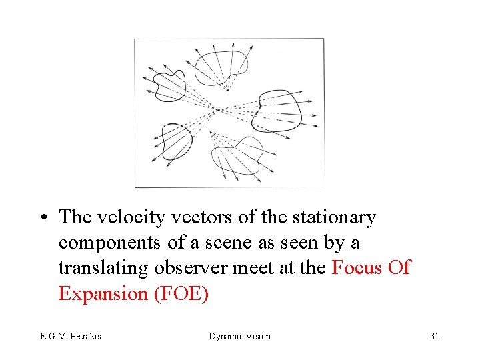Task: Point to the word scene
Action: point(242,243)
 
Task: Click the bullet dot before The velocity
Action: point(43,218)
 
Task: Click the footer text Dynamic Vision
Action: point(240,336)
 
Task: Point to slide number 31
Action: point(434,336)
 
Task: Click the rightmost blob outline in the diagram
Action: point(277,109)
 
